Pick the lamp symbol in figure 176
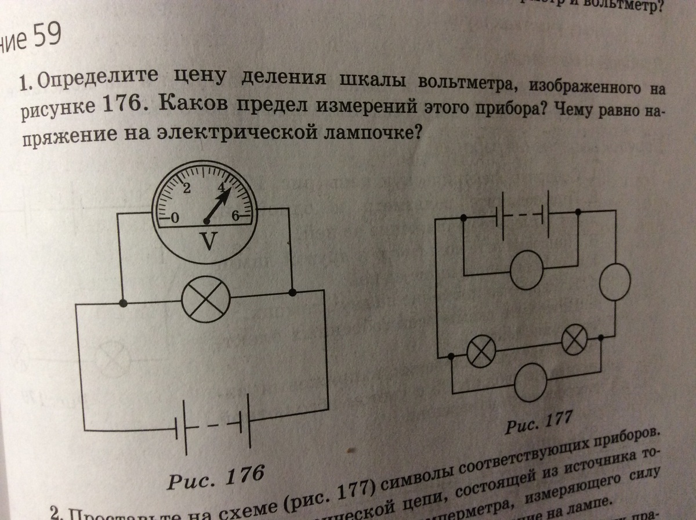point(206,301)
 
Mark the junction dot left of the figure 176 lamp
point(122,302)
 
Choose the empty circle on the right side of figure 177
point(612,282)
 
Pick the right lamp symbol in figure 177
point(574,341)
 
